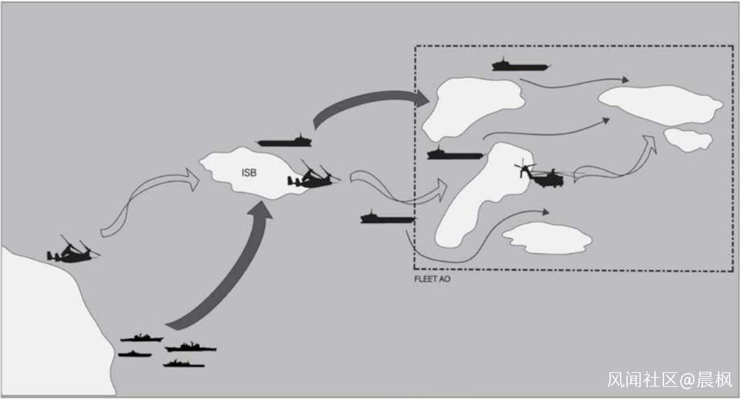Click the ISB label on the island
[x=249, y=173]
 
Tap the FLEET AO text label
[x=432, y=279]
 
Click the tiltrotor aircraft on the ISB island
[x=314, y=175]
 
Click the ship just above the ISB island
[x=284, y=141]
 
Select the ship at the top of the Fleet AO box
[x=521, y=65]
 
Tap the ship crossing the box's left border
[x=388, y=217]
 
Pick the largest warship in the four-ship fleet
[x=191, y=348]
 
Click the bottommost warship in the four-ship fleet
[x=184, y=364]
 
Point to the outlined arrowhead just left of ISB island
[x=191, y=179]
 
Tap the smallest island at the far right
[x=687, y=139]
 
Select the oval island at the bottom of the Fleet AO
[x=547, y=238]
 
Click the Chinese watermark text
[x=670, y=379]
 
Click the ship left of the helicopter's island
[x=456, y=153]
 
